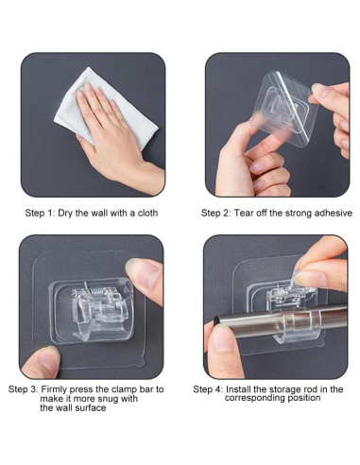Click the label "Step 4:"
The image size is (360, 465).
click(x=208, y=388)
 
